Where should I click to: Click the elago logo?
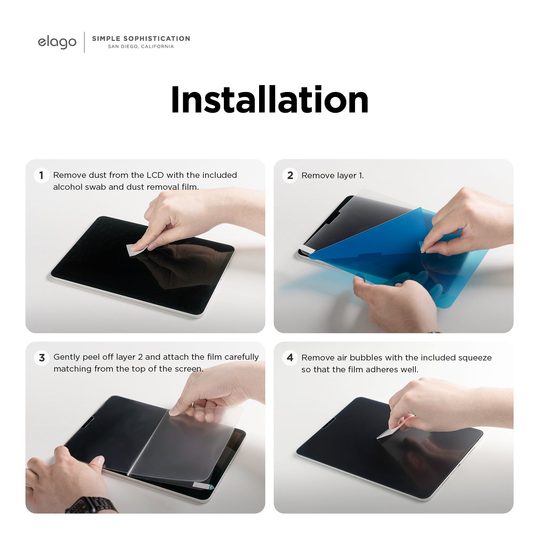[x=57, y=42]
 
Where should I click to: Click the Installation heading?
[x=269, y=100]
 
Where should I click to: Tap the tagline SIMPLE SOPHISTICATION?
[x=141, y=38]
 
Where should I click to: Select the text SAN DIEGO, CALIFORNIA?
[x=141, y=46]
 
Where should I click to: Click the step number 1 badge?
[x=41, y=175]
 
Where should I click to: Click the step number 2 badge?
[x=290, y=175]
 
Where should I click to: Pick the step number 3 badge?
[x=42, y=358]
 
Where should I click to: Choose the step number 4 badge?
[x=290, y=358]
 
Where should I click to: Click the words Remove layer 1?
[x=333, y=175]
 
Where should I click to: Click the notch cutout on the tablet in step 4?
[x=329, y=423]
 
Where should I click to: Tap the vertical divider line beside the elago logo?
[x=84, y=42]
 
